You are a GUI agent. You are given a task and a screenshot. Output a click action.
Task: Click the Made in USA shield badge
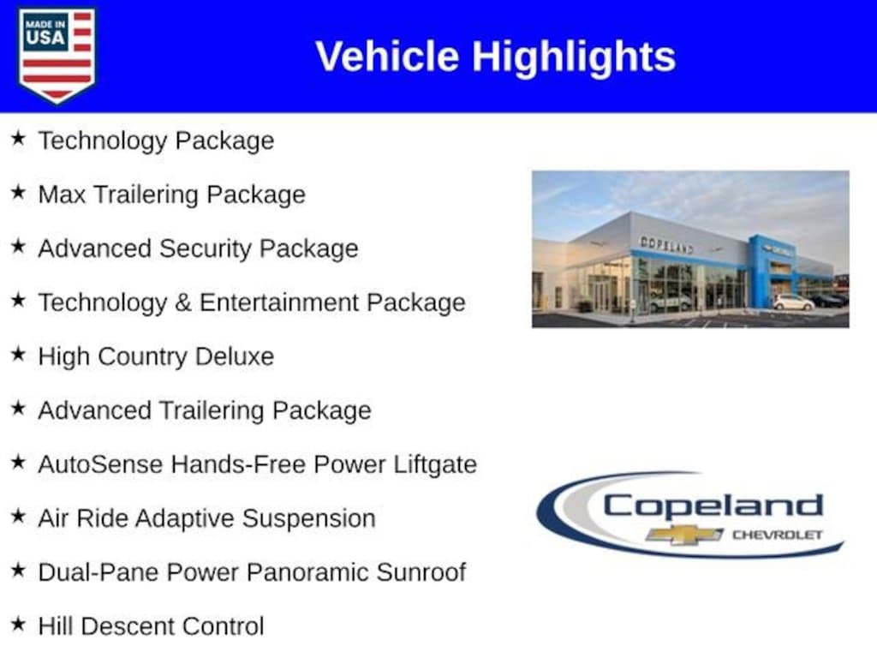coord(57,55)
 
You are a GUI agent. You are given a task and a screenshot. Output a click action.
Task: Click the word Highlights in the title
coord(573,57)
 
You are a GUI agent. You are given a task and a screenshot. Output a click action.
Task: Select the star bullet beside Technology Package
coord(18,139)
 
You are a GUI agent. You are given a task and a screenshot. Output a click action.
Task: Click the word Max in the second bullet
coord(62,194)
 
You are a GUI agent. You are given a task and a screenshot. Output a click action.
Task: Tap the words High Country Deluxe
coord(156,356)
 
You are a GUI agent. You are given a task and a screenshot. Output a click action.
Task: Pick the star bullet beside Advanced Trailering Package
coord(18,409)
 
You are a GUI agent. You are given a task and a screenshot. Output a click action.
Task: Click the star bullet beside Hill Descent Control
coord(18,625)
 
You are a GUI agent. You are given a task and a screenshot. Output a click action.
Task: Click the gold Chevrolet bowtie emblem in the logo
coord(684,535)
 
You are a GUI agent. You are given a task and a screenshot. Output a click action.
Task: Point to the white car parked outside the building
coord(793,302)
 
